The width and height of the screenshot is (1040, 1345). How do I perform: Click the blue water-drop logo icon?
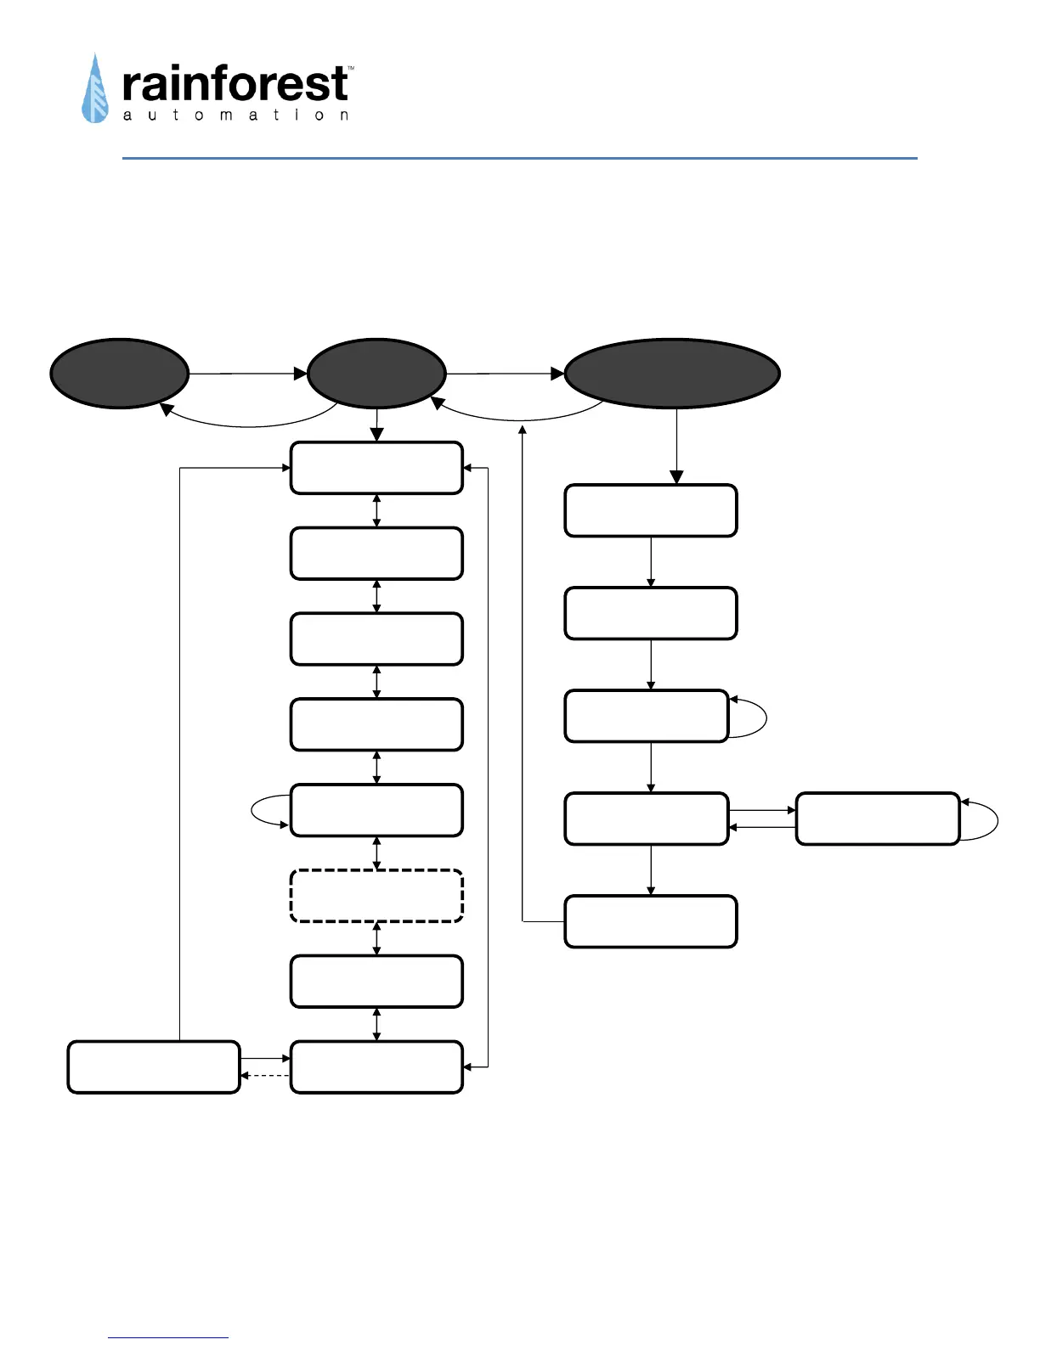pyautogui.click(x=95, y=90)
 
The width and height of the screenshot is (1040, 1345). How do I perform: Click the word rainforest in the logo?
pyautogui.click(x=235, y=85)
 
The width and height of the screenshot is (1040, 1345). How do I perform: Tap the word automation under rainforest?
pyautogui.click(x=235, y=115)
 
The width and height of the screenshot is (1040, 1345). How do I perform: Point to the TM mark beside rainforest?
pyautogui.click(x=351, y=68)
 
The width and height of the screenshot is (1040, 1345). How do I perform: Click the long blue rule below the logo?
pyautogui.click(x=519, y=158)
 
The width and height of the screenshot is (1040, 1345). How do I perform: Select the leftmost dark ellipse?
pyautogui.click(x=119, y=374)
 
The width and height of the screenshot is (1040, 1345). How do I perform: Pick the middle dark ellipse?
pyautogui.click(x=376, y=374)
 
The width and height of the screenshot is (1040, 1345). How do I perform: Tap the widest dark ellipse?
pyautogui.click(x=672, y=374)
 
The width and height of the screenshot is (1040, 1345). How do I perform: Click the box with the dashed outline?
pyautogui.click(x=376, y=896)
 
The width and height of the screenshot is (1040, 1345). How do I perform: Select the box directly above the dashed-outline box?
pyautogui.click(x=376, y=810)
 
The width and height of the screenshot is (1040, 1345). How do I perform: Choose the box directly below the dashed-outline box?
pyautogui.click(x=376, y=982)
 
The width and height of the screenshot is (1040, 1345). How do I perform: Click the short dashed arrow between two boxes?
pyautogui.click(x=265, y=1076)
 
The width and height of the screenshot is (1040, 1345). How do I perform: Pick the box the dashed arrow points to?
pyautogui.click(x=153, y=1067)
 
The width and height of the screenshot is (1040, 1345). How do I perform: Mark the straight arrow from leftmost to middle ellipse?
pyautogui.click(x=247, y=374)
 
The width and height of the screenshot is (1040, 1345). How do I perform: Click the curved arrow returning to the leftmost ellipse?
pyautogui.click(x=246, y=425)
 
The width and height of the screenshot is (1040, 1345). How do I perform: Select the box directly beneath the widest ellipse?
pyautogui.click(x=650, y=510)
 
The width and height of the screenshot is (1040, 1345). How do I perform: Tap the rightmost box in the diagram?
pyautogui.click(x=877, y=819)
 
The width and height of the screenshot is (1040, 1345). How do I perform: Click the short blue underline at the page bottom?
pyautogui.click(x=168, y=1338)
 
